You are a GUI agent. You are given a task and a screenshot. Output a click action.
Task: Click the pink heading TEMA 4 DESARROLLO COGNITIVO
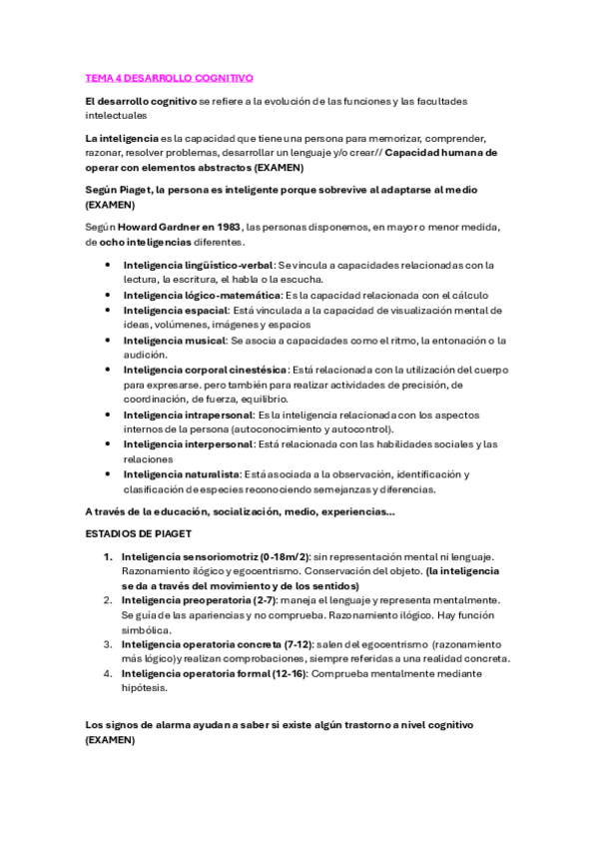(x=170, y=77)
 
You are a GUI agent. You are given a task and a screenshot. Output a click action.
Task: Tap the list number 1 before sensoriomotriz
(x=108, y=555)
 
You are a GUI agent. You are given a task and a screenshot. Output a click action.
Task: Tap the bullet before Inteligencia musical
(x=109, y=340)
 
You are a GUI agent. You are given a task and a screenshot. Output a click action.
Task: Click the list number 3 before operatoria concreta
(x=108, y=644)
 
